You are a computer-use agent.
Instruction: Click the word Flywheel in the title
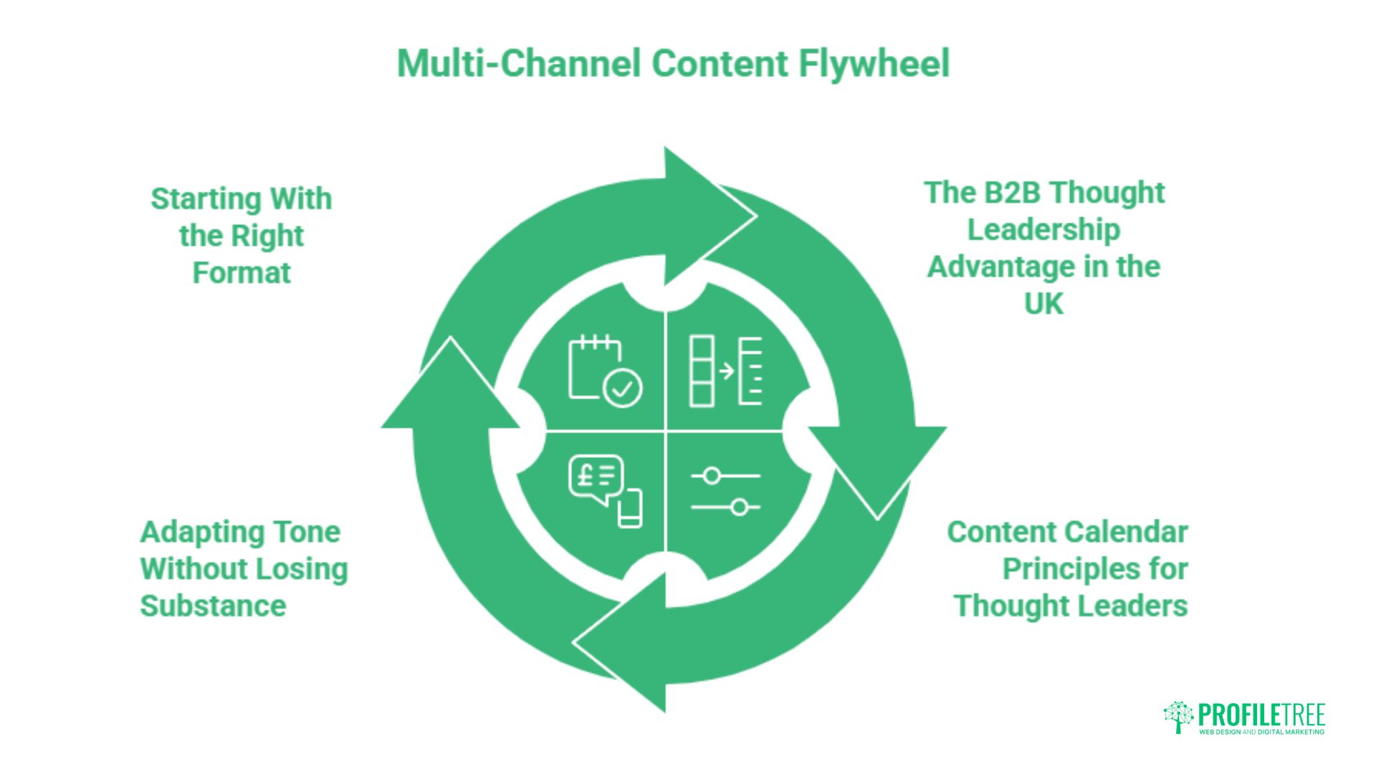[x=874, y=64]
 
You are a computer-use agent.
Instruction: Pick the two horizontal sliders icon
[x=725, y=492]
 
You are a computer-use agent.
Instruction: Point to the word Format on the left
[x=242, y=273]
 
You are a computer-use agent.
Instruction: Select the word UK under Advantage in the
[x=1043, y=305]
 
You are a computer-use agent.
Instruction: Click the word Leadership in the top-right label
[x=1043, y=231]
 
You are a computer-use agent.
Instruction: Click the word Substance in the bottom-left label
[x=213, y=606]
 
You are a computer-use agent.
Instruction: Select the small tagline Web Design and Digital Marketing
[x=1262, y=732]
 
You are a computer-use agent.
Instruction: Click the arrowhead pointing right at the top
[x=709, y=216]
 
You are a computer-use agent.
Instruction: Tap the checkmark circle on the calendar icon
[x=623, y=389]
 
